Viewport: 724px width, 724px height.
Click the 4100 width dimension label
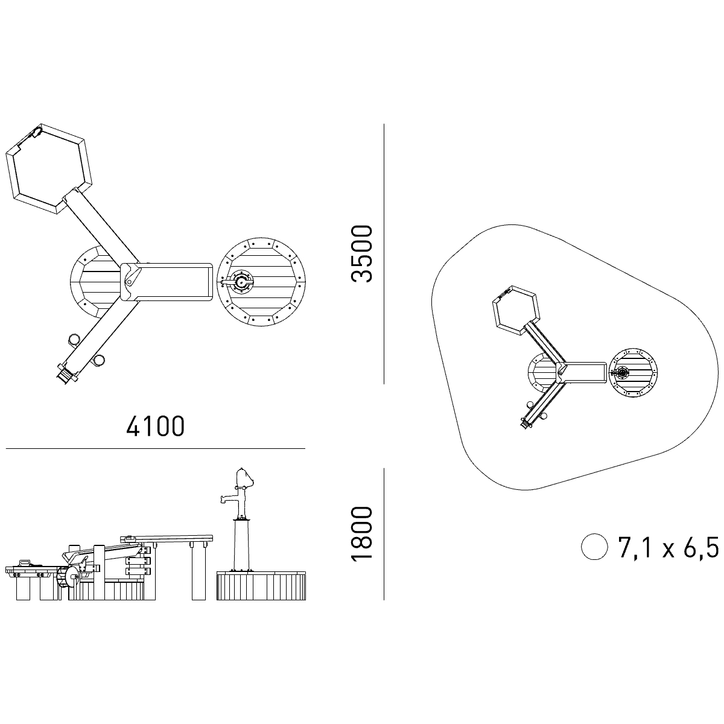155,426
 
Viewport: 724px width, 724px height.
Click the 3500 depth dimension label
361,253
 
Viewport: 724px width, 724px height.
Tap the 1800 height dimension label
361,534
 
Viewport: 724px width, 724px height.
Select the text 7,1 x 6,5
668,547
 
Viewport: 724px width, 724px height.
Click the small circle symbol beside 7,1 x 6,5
594,547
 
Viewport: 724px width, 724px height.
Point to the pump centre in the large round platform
241,281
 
